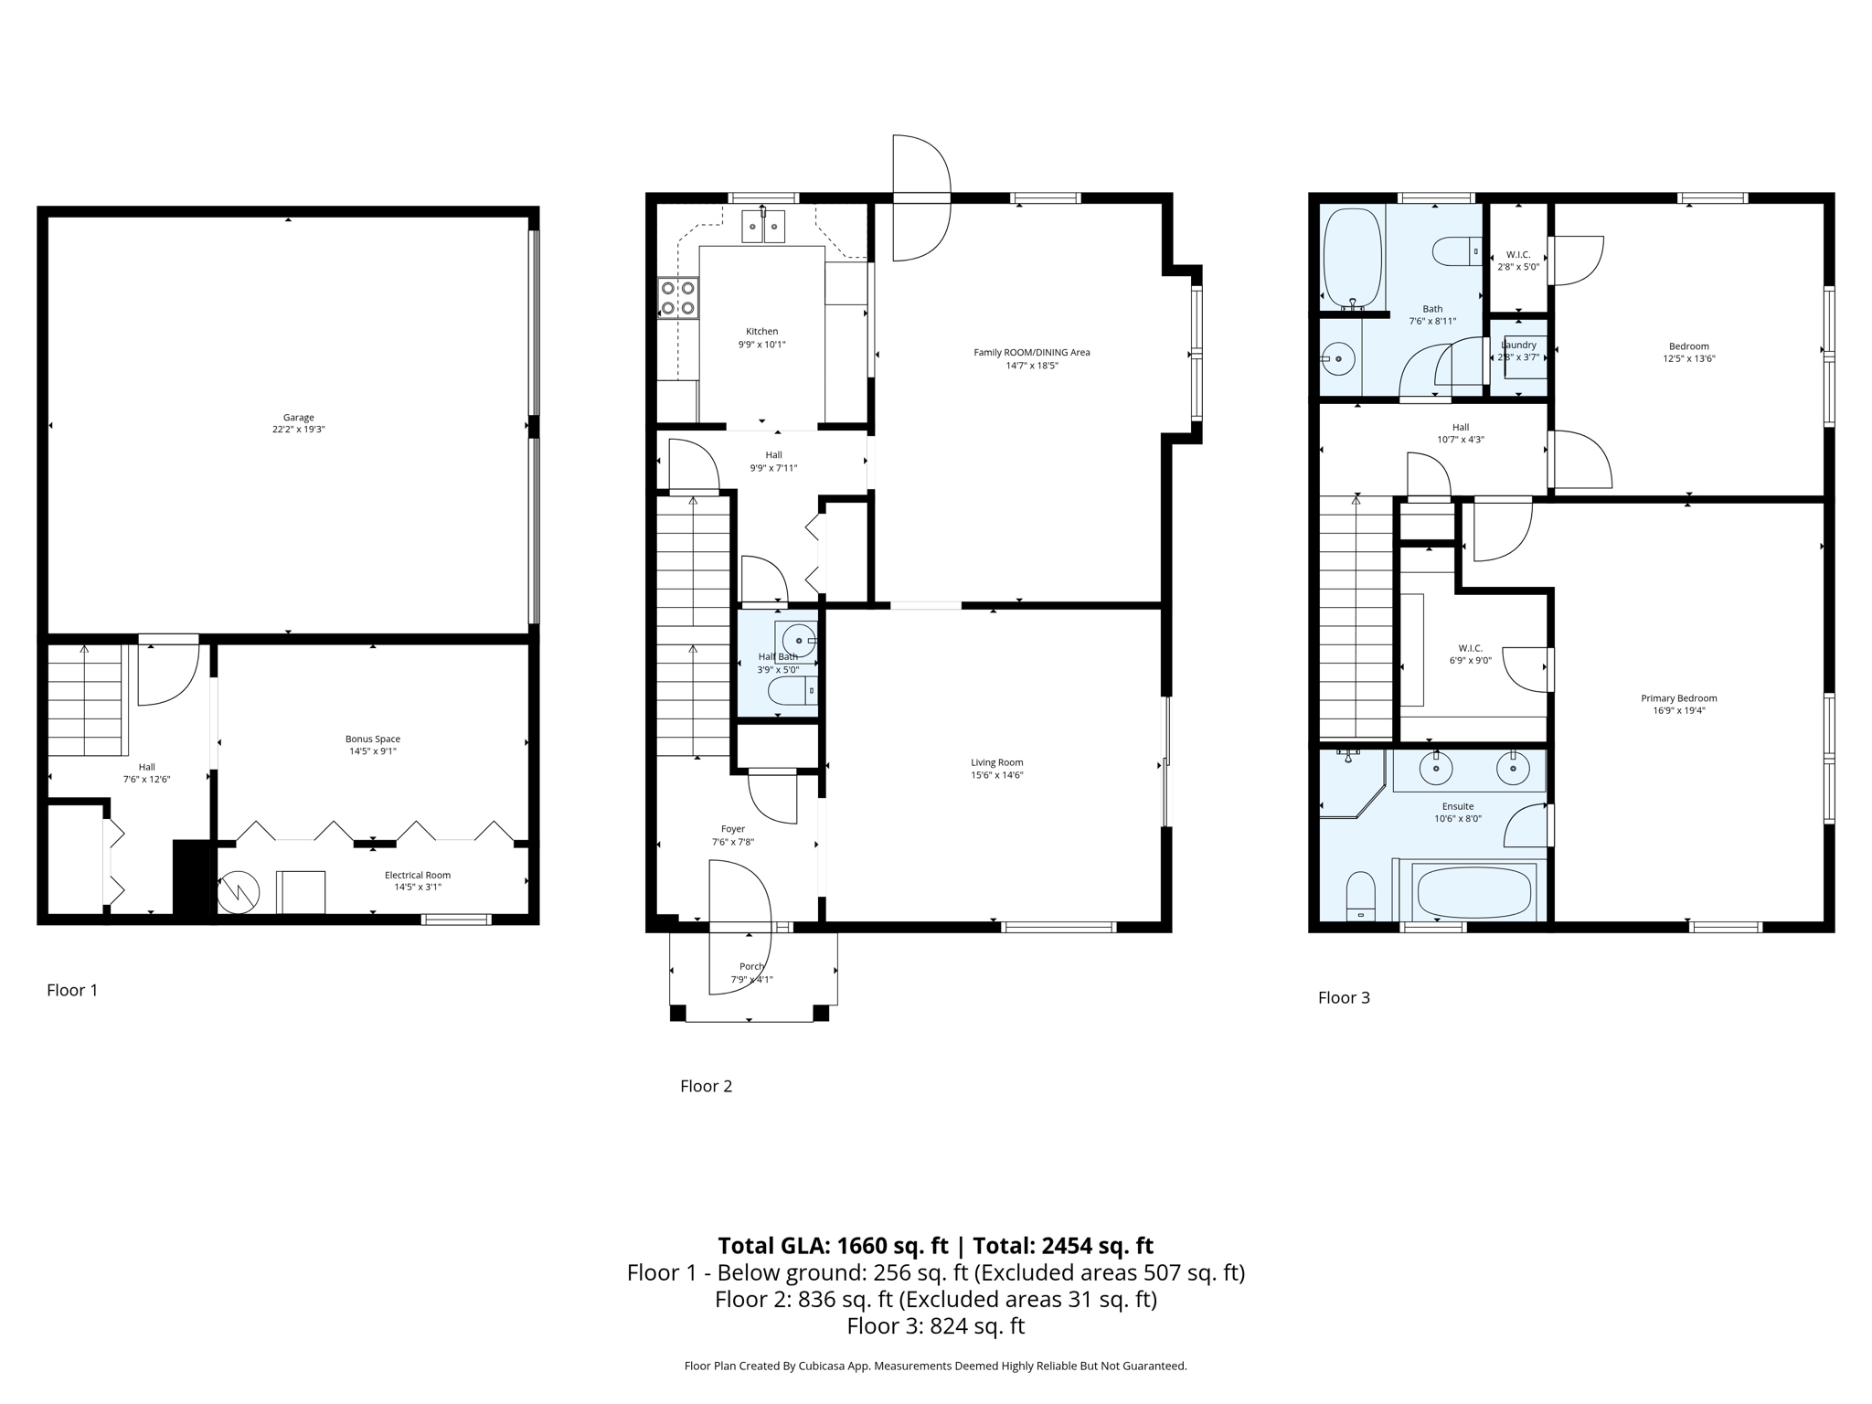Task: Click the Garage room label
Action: point(298,418)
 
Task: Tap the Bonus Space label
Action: point(372,739)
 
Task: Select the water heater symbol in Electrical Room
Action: point(239,891)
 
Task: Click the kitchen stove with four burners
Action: point(677,298)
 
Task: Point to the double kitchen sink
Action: point(763,226)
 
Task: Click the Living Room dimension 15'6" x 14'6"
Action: point(996,775)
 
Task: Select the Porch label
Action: point(751,966)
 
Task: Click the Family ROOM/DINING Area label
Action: point(1031,352)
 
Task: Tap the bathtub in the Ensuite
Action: point(1473,891)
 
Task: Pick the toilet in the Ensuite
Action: point(1361,896)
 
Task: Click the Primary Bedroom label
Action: point(1678,698)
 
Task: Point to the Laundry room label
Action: point(1518,346)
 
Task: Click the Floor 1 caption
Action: point(72,990)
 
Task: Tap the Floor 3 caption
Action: point(1344,997)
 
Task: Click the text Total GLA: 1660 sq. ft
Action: point(833,1246)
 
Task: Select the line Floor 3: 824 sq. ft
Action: point(935,1326)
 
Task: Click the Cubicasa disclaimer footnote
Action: point(935,1366)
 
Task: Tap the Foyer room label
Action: point(732,829)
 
